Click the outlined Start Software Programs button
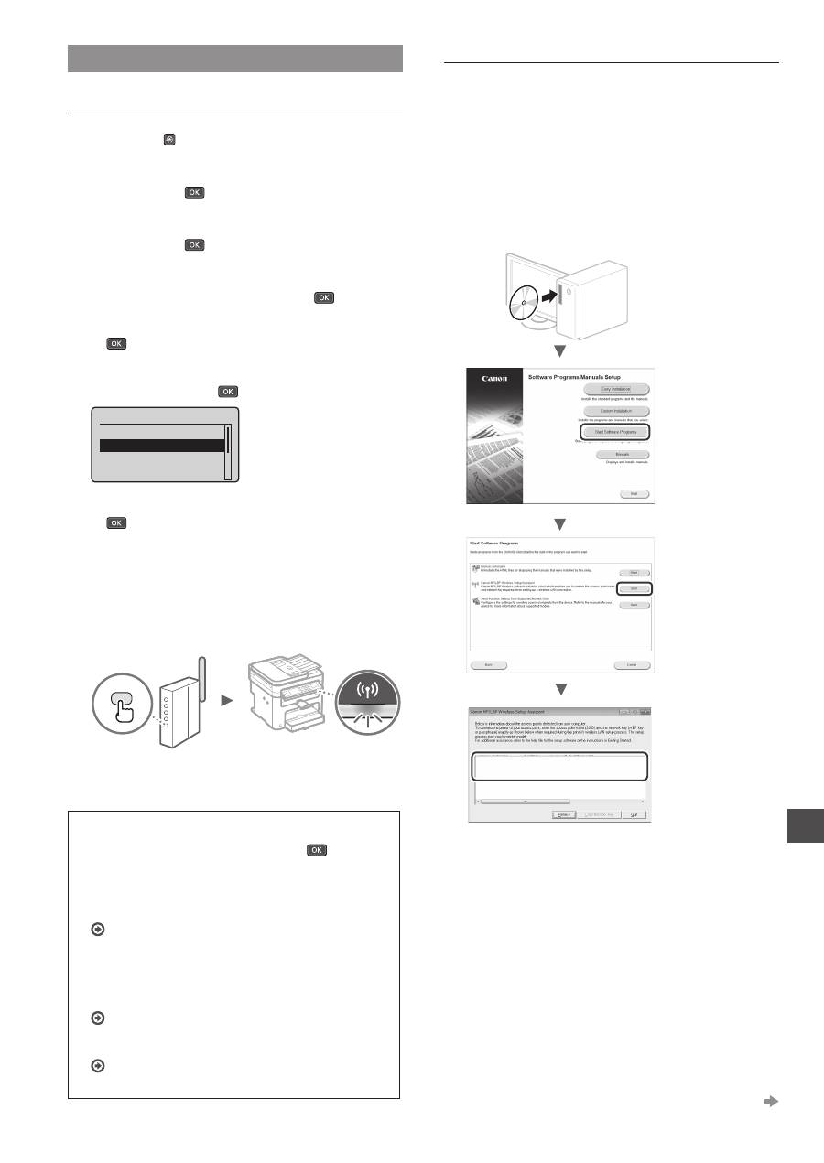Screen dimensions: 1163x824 (x=615, y=432)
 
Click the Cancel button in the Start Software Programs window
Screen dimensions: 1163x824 (x=632, y=664)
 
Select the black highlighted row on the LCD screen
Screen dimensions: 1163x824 (x=162, y=446)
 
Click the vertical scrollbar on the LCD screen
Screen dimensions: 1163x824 (x=228, y=451)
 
